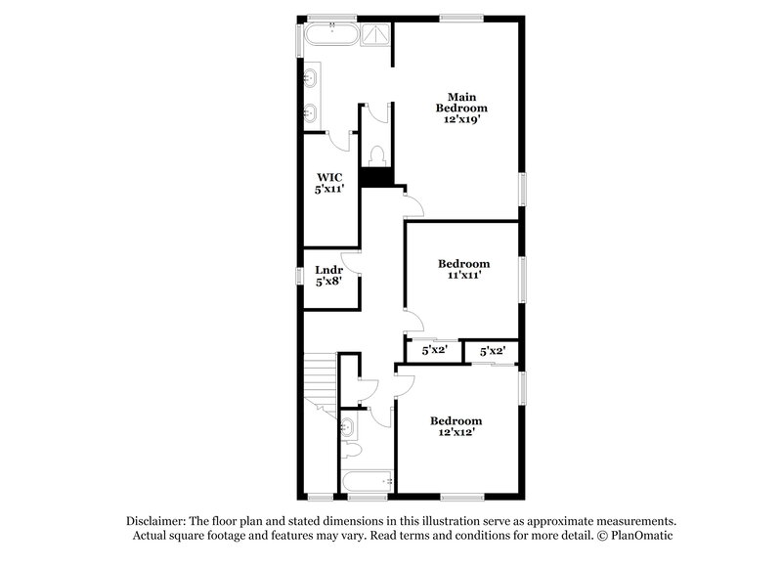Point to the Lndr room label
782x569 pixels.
tap(327, 270)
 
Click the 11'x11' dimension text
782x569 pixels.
tap(462, 277)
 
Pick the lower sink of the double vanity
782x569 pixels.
tap(310, 111)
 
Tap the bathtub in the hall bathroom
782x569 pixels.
tap(367, 480)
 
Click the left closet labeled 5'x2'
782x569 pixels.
tap(434, 349)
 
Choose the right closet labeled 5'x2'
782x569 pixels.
tap(492, 349)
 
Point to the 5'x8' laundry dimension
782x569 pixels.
tap(327, 282)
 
